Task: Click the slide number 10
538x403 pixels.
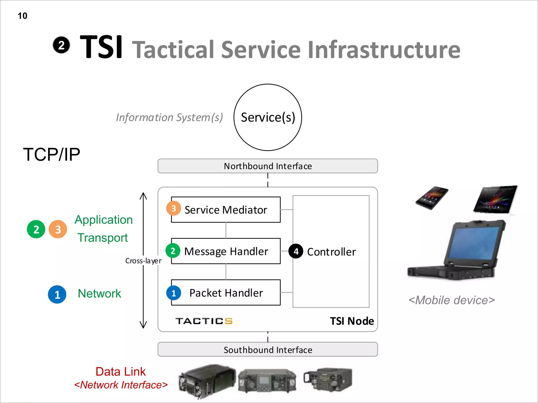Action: click(x=22, y=16)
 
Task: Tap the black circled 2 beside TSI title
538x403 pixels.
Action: click(x=61, y=45)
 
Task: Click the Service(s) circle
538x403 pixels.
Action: click(x=268, y=117)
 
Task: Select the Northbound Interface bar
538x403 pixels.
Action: click(x=268, y=166)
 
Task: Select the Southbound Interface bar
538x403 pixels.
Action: click(x=268, y=350)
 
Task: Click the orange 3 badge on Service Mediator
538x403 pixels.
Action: click(x=173, y=208)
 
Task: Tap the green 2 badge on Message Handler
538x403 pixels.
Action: click(x=173, y=251)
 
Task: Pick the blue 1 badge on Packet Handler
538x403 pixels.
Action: click(x=173, y=293)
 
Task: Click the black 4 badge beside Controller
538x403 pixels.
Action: click(x=296, y=251)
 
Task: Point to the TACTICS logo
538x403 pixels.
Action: click(x=204, y=321)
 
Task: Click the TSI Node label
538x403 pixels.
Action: click(x=352, y=321)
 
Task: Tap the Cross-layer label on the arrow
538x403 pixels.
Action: click(x=143, y=261)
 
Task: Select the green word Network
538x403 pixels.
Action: click(x=99, y=293)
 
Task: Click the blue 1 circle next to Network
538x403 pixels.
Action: click(x=57, y=294)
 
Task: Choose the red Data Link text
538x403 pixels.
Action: click(x=120, y=372)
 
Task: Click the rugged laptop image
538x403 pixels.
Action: click(x=457, y=251)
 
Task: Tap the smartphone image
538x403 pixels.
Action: click(x=432, y=198)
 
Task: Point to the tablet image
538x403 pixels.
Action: click(x=495, y=199)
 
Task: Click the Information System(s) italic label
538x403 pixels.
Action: click(x=169, y=117)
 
